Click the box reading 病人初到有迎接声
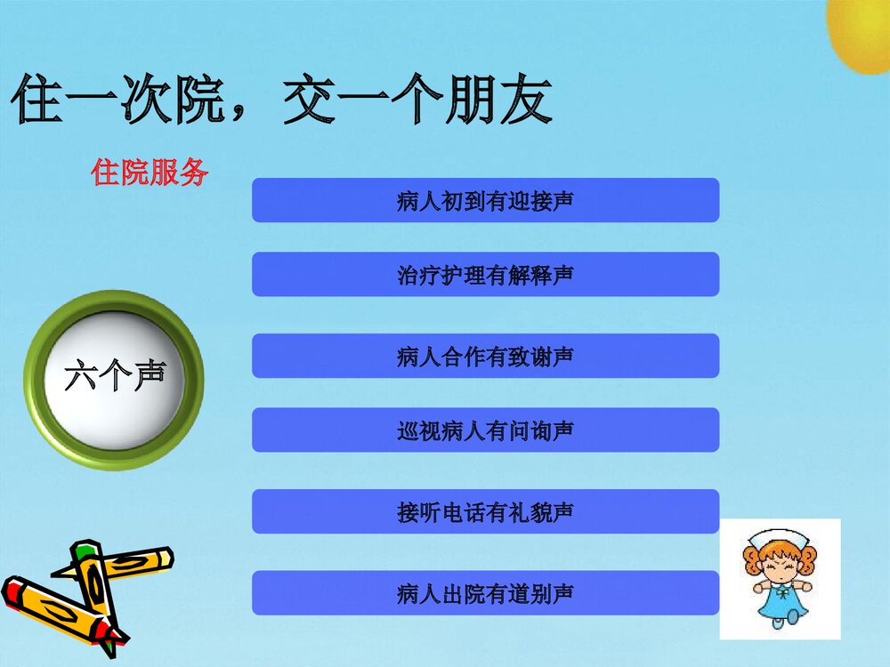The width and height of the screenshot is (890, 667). point(485,200)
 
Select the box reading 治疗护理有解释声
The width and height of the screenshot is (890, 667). point(485,274)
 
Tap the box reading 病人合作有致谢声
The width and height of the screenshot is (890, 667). point(485,356)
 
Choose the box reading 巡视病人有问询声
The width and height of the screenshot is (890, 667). point(485,430)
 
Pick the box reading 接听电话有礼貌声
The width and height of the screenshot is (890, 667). point(485,511)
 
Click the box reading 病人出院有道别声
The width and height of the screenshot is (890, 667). point(485,593)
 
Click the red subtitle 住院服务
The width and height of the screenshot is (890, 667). point(150,172)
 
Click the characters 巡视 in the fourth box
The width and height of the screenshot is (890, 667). point(418,430)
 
